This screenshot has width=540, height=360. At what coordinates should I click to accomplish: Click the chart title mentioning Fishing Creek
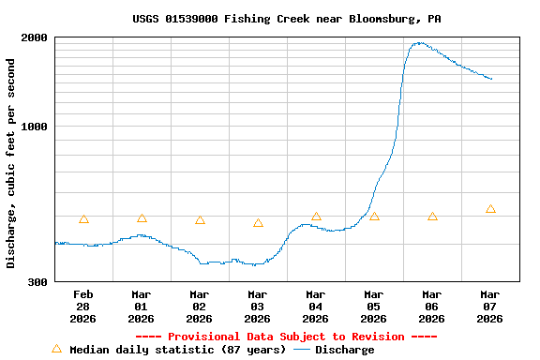click(x=286, y=19)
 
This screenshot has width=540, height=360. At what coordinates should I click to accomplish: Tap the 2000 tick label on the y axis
click(x=36, y=37)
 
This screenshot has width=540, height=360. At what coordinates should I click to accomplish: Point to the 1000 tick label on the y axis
click(x=36, y=127)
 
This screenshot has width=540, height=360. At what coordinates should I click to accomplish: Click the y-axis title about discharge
click(x=11, y=163)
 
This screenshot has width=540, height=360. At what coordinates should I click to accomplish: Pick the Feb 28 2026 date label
click(x=83, y=307)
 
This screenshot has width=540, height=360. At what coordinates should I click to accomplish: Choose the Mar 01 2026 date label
click(x=142, y=307)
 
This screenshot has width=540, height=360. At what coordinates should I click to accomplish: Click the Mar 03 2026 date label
click(x=258, y=307)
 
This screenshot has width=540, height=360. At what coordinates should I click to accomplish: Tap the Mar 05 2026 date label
click(x=374, y=307)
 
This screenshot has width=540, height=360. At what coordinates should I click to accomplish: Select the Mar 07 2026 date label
click(x=490, y=307)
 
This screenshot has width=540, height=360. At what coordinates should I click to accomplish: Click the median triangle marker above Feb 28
click(x=83, y=219)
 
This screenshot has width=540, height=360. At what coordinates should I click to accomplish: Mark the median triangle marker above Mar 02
click(x=200, y=220)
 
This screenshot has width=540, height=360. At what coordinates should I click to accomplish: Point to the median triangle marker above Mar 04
click(x=316, y=217)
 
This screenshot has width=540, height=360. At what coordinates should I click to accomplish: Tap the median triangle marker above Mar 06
click(x=432, y=217)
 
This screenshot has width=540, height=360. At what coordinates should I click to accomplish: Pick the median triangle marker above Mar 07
click(x=490, y=209)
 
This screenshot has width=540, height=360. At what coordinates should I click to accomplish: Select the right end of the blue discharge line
click(x=491, y=79)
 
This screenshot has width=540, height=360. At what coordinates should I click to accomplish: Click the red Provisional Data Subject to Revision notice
click(x=286, y=337)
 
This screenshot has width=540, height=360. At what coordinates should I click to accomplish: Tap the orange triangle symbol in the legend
click(x=56, y=349)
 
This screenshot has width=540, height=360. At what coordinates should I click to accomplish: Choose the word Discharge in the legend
click(x=344, y=350)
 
